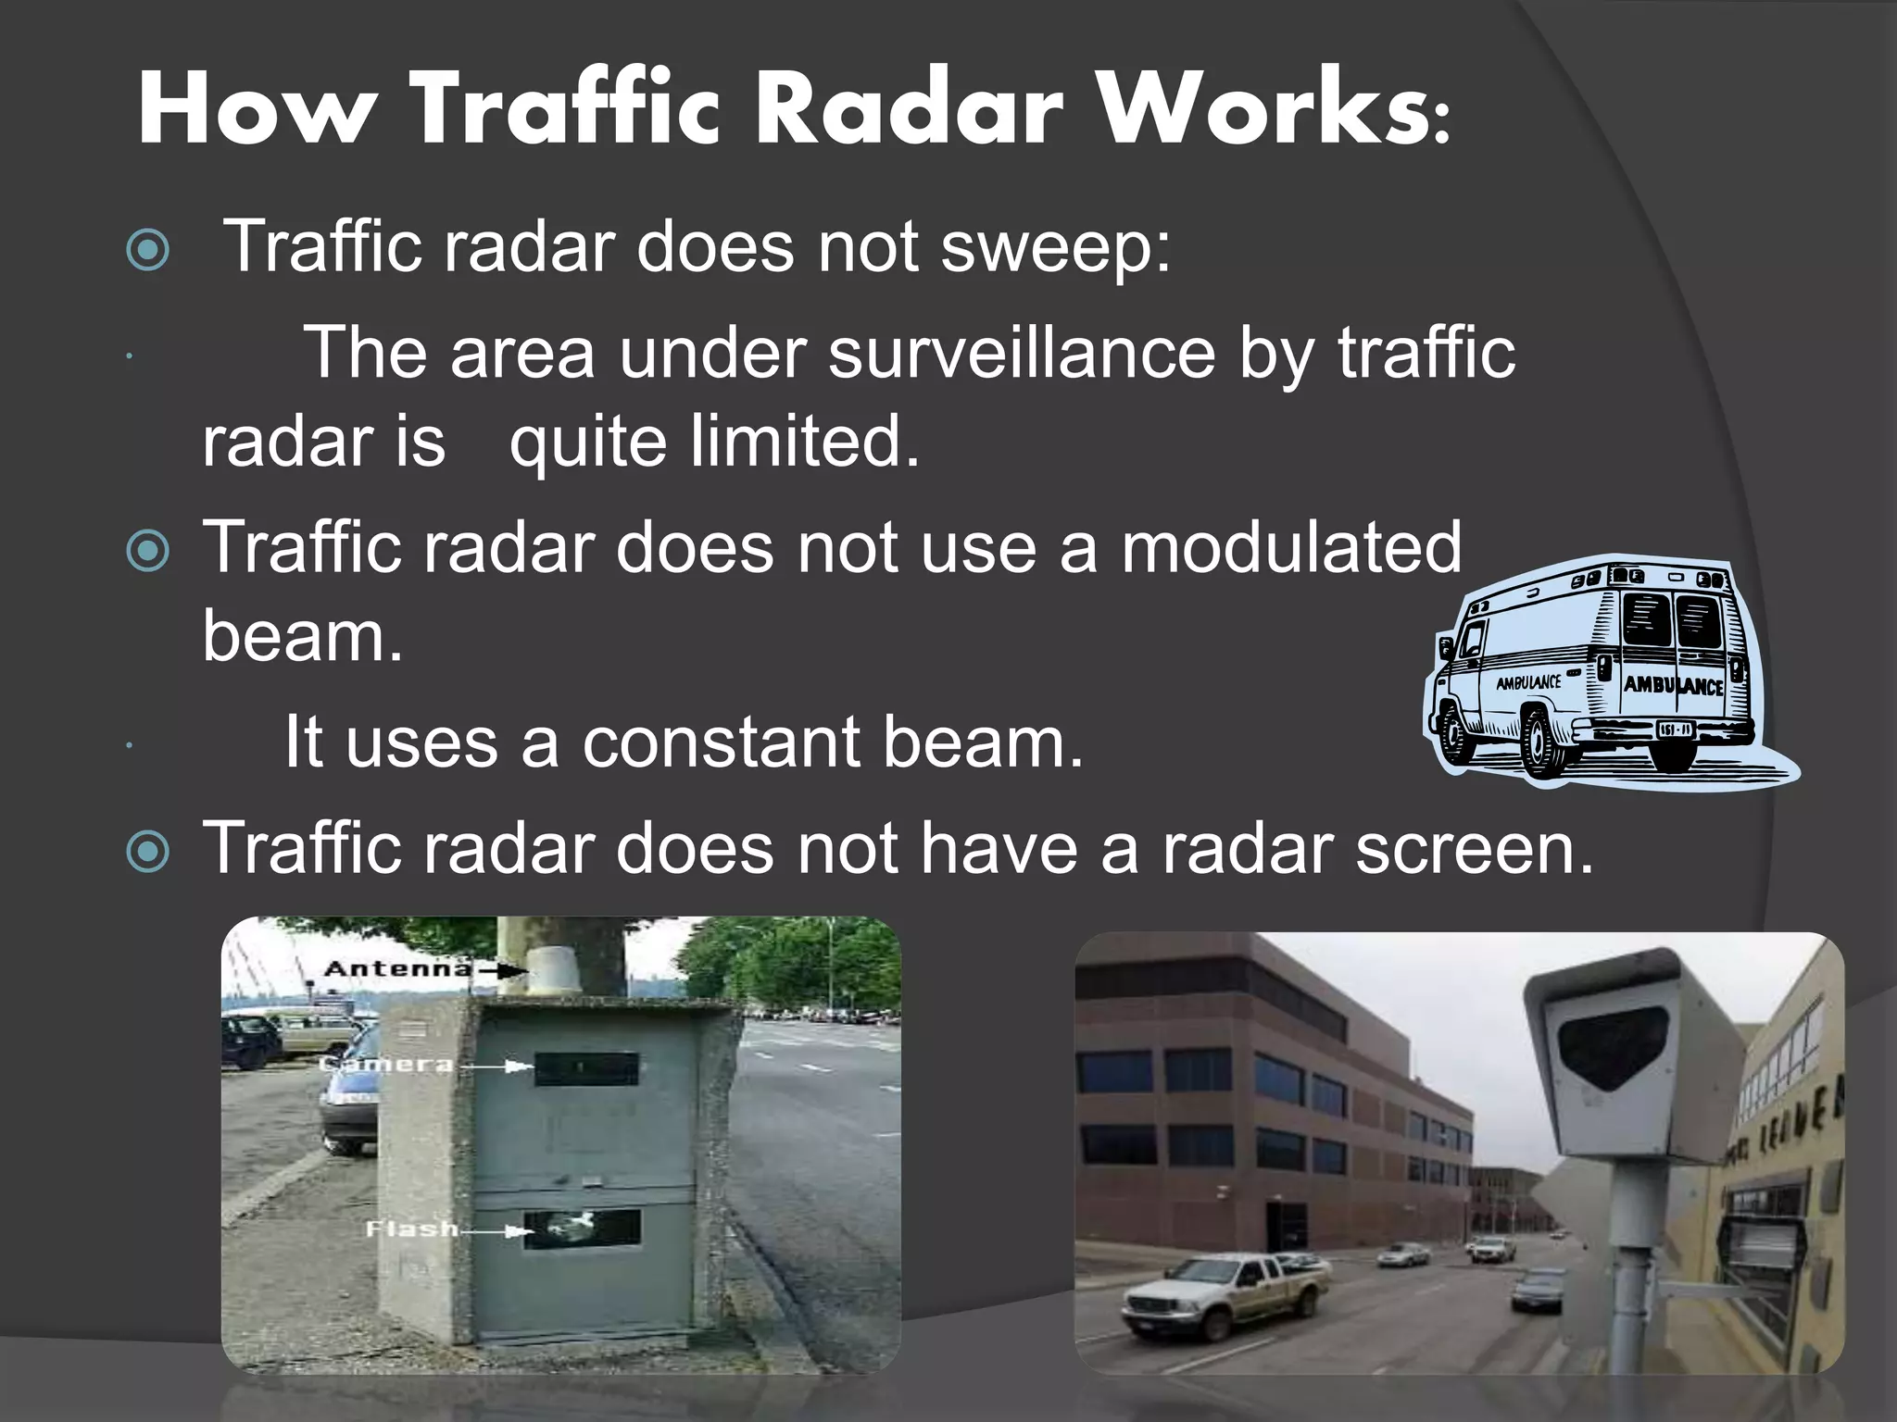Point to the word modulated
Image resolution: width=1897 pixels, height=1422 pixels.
click(1291, 548)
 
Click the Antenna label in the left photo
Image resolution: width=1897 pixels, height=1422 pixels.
click(396, 969)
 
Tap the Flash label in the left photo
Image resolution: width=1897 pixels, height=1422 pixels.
click(411, 1229)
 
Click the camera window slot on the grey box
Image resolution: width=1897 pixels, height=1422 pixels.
click(586, 1068)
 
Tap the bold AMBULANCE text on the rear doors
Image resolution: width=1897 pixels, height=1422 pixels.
click(1673, 686)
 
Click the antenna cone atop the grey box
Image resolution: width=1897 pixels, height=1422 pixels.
click(554, 975)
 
